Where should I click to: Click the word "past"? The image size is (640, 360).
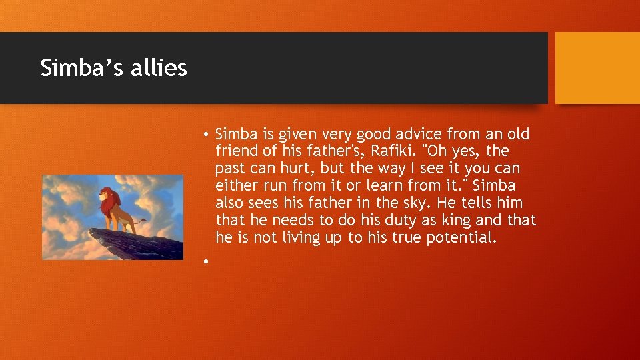tap(230, 169)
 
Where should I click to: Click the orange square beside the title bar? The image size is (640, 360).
tap(597, 68)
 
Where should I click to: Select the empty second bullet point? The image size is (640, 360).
tap(208, 261)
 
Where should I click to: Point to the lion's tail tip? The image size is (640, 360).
tap(145, 219)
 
